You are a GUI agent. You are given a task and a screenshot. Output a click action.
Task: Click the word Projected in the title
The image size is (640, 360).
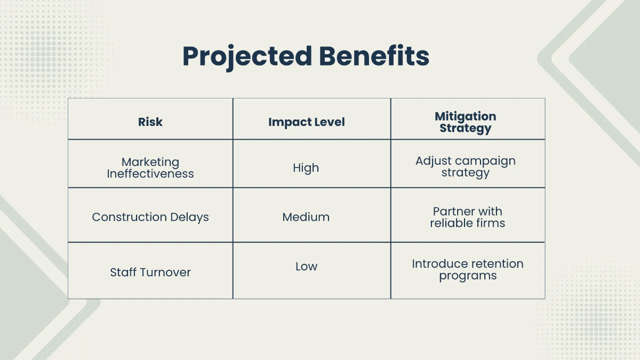click(x=246, y=57)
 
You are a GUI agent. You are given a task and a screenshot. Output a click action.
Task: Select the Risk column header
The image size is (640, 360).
click(x=150, y=122)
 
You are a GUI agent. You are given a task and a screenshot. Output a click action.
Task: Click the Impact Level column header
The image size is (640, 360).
click(x=306, y=122)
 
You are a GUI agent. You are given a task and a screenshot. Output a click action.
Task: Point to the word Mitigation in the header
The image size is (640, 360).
click(x=465, y=116)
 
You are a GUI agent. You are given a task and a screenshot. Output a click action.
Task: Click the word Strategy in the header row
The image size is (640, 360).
click(x=465, y=129)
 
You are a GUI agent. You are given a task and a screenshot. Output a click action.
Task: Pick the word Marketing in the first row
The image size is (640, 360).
click(x=150, y=162)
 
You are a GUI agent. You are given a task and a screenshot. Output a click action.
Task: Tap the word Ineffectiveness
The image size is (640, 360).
click(x=150, y=174)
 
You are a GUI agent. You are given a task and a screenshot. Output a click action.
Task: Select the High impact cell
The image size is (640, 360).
click(x=306, y=168)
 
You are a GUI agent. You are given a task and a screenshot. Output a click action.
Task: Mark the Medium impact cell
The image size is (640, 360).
click(x=306, y=217)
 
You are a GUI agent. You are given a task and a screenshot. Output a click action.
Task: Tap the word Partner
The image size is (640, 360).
click(x=452, y=211)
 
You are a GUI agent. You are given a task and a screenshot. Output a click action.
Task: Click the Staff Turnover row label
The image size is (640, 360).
click(x=150, y=272)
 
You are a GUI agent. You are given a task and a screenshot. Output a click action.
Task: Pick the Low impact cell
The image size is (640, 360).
click(x=306, y=266)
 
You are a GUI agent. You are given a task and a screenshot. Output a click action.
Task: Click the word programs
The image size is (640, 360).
click(x=468, y=276)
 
